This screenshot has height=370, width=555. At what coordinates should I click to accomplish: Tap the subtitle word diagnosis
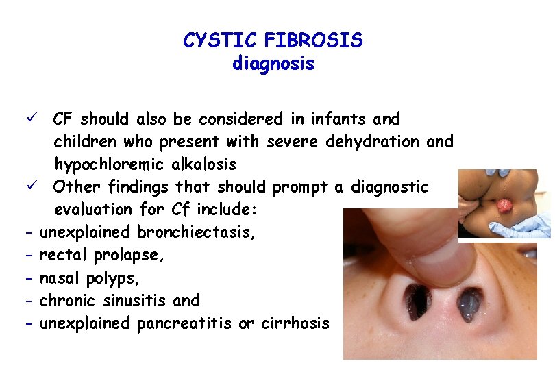(x=273, y=64)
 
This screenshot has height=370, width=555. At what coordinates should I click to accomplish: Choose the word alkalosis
(x=205, y=164)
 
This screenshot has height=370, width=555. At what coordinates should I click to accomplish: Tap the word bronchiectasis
(x=197, y=232)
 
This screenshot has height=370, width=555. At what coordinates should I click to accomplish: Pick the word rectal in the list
(x=62, y=255)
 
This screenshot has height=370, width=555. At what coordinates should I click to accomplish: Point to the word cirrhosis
(x=295, y=323)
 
